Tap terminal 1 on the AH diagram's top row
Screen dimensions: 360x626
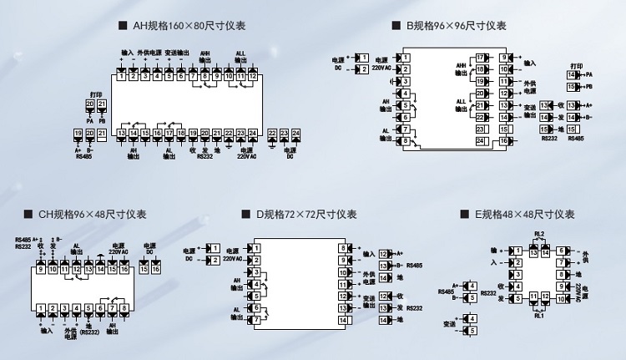[121, 76]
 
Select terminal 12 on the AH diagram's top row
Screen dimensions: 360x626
[253, 76]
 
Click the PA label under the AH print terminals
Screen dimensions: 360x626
[89, 120]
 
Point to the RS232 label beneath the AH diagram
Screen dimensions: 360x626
[204, 155]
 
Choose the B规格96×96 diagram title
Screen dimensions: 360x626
[455, 26]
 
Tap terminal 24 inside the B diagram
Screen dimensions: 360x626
[481, 141]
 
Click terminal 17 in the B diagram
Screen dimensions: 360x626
[481, 58]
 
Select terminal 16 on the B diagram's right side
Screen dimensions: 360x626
[506, 141]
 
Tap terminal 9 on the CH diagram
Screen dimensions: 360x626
[40, 269]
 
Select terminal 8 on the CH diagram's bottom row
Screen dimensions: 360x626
[124, 309]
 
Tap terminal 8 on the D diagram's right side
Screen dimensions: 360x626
[342, 248]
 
